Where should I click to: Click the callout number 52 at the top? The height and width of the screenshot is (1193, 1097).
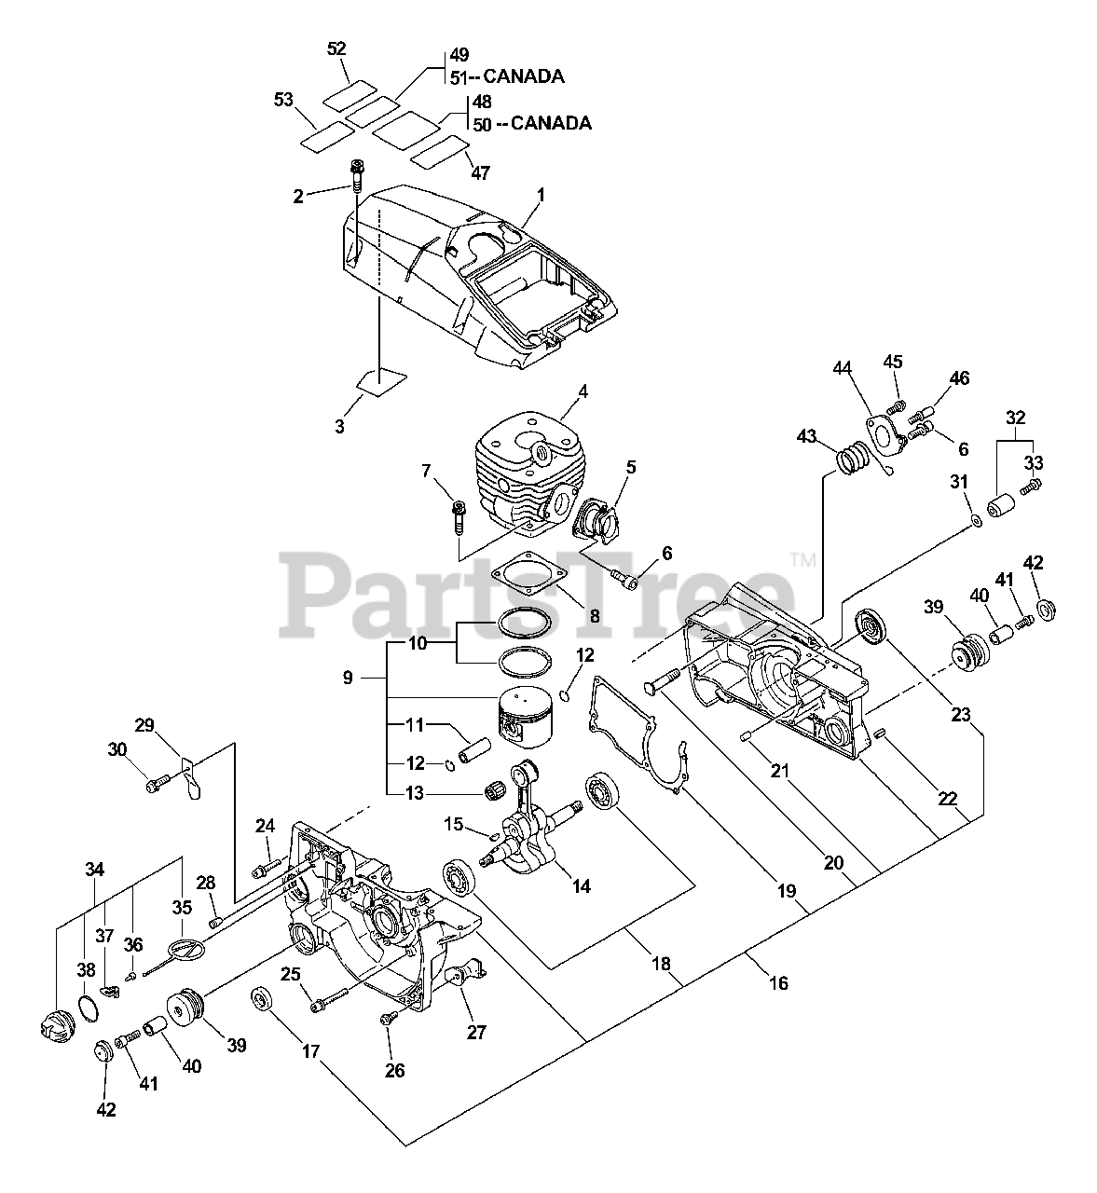point(337,48)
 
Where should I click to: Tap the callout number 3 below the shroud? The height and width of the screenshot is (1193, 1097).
point(340,426)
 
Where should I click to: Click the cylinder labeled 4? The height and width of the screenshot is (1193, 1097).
point(522,466)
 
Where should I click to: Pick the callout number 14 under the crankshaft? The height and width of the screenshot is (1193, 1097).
point(581,886)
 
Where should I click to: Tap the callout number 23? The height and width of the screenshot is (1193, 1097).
point(961,716)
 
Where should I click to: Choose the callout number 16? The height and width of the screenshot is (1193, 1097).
point(778,982)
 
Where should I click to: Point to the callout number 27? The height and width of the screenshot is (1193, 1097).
point(476,1033)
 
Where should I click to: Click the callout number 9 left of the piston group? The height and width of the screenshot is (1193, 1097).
point(348,678)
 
